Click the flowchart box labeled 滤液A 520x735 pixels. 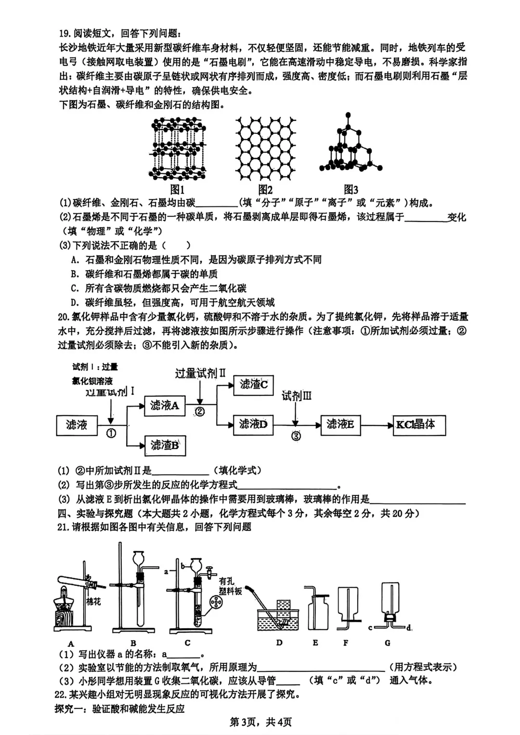[165, 406]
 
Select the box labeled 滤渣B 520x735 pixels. [165, 445]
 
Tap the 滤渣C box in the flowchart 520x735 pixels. [253, 385]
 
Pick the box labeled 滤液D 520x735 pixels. [253, 424]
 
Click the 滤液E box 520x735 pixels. [340, 424]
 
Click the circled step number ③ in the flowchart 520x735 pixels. [296, 436]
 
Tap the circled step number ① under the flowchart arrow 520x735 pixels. [111, 433]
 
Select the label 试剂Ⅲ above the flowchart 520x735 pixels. [297, 396]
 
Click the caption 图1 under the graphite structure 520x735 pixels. [178, 190]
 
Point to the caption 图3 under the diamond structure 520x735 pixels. [351, 190]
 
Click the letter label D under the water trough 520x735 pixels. [279, 643]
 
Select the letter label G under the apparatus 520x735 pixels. [388, 643]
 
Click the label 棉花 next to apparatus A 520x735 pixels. [93, 601]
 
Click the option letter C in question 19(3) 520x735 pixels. [75, 289]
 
